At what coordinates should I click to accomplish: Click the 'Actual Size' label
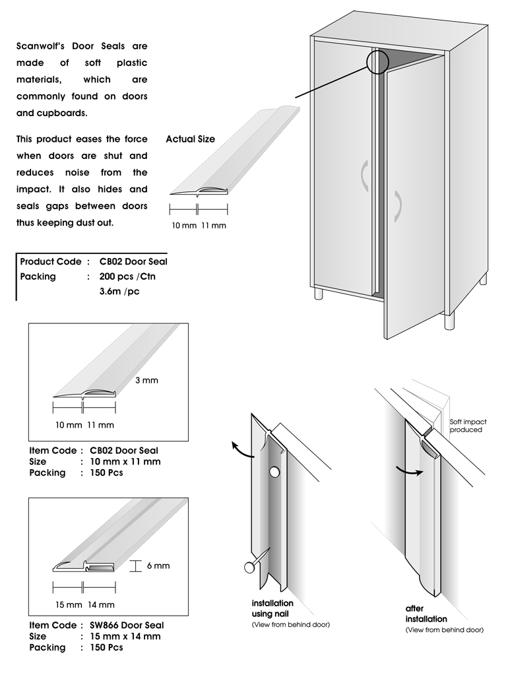click(190, 139)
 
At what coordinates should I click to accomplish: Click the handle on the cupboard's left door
click(363, 176)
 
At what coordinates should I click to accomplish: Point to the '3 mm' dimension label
click(147, 380)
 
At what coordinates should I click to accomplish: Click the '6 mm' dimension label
click(158, 565)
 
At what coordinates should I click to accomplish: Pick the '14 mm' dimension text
click(101, 604)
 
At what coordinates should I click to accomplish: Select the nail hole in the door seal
click(274, 472)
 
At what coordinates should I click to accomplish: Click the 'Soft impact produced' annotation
click(466, 426)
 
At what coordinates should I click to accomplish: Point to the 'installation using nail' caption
click(272, 608)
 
